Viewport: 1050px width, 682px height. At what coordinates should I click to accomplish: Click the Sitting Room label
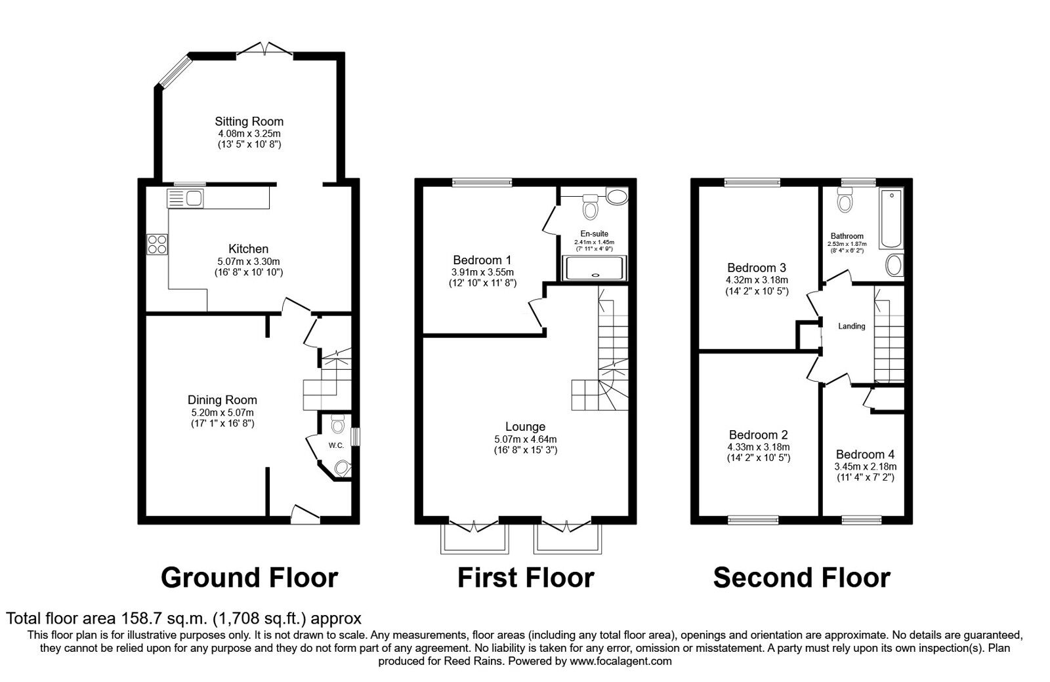(249, 121)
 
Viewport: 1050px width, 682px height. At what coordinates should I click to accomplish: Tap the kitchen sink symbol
(187, 197)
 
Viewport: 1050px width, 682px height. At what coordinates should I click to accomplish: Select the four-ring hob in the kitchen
(157, 244)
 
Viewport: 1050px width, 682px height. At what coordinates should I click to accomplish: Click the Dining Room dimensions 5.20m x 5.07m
(222, 412)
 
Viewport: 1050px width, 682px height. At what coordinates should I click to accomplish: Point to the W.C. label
(336, 446)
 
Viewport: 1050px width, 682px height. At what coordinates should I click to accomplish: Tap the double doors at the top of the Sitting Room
(264, 50)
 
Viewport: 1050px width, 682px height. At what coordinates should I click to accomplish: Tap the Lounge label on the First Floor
(525, 427)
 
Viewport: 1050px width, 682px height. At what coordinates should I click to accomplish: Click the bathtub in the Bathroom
(892, 219)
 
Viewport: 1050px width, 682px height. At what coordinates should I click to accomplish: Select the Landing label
(851, 326)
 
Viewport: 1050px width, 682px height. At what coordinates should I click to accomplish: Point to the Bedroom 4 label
(865, 454)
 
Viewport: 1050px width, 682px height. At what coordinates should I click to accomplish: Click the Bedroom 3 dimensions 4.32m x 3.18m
(756, 281)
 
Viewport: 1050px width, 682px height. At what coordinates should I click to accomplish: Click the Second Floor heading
(801, 578)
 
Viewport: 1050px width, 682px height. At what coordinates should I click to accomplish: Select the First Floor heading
(525, 578)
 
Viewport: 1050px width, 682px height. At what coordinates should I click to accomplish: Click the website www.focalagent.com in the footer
(621, 661)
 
